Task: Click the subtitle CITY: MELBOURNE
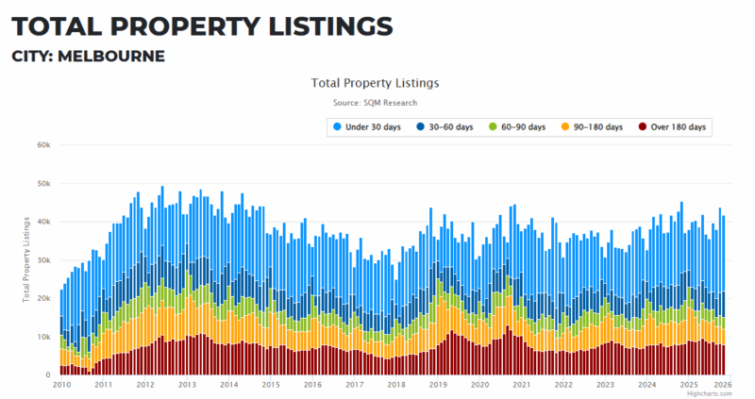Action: coord(89,57)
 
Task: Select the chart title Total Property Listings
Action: coord(375,83)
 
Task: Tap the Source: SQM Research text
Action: coord(375,102)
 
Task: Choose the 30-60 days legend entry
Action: coord(445,126)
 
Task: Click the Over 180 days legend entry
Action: coord(673,126)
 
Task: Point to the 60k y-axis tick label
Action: coord(43,145)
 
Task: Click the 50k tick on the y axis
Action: coord(43,184)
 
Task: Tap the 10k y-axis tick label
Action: coord(43,337)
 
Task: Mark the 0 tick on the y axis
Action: coord(47,375)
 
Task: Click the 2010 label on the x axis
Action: coord(62,385)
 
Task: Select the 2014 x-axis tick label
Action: coord(229,385)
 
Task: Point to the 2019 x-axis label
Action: coord(438,385)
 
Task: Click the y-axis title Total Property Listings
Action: coord(25,260)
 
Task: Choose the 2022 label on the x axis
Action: coord(563,385)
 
